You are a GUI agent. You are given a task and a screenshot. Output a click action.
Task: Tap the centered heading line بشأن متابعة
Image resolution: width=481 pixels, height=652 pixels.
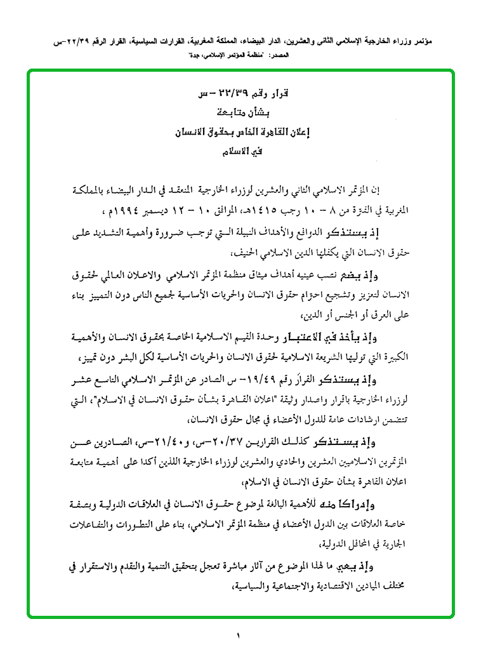point(240,114)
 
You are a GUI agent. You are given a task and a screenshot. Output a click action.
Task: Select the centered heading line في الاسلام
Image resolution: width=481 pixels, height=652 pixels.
point(240,153)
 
